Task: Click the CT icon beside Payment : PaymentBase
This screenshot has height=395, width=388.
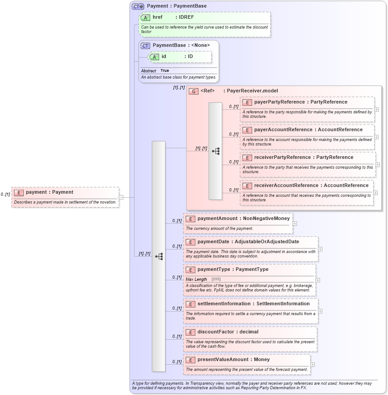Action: [138, 6]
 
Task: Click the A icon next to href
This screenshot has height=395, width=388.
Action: [145, 17]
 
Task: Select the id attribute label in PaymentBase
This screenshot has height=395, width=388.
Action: [164, 57]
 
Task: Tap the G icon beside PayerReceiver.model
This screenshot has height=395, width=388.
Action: [194, 91]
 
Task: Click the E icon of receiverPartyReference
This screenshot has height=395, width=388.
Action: [247, 158]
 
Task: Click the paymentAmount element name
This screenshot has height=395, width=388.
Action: [218, 219]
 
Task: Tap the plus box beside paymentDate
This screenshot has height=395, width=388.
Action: [320, 249]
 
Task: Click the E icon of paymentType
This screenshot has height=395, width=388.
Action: [190, 270]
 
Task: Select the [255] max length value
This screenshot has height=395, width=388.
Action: [216, 279]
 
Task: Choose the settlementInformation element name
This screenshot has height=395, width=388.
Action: [224, 304]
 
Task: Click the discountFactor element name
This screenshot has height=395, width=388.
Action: [215, 332]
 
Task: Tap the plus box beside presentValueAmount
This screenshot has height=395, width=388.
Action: [312, 365]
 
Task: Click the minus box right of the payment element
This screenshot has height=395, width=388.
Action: [121, 197]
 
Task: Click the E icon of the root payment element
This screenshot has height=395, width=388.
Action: [19, 192]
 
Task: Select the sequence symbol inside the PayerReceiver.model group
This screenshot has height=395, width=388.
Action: [215, 151]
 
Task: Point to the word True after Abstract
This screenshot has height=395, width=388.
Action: [164, 71]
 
